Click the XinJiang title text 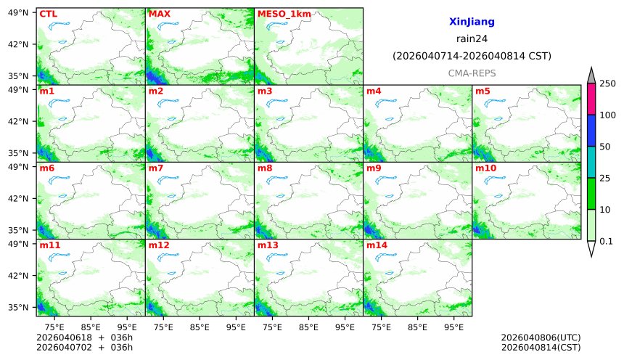point(472,22)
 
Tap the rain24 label point(472,39)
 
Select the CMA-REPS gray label point(472,73)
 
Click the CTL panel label point(48,14)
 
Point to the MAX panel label point(159,14)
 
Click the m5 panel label point(483,91)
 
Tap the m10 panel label point(485,168)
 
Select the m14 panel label point(377,245)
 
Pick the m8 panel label point(265,168)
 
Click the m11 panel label point(49,245)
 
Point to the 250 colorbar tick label point(607,84)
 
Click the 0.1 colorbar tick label point(607,241)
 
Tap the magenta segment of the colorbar point(591,99)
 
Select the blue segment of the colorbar point(591,131)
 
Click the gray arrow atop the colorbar point(591,76)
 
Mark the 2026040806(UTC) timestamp point(541,337)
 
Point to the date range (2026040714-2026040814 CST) point(472,56)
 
